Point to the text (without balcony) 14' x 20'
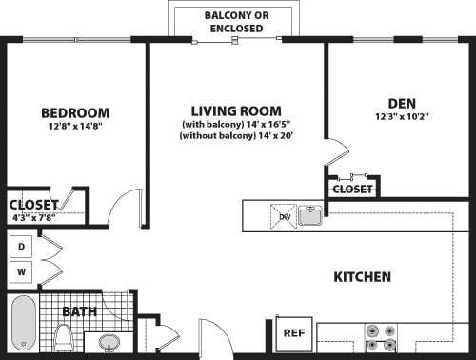235,136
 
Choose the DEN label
400,103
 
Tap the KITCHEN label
362,277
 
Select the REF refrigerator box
293,333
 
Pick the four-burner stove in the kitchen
380,340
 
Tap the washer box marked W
21,272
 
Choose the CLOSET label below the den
352,189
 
